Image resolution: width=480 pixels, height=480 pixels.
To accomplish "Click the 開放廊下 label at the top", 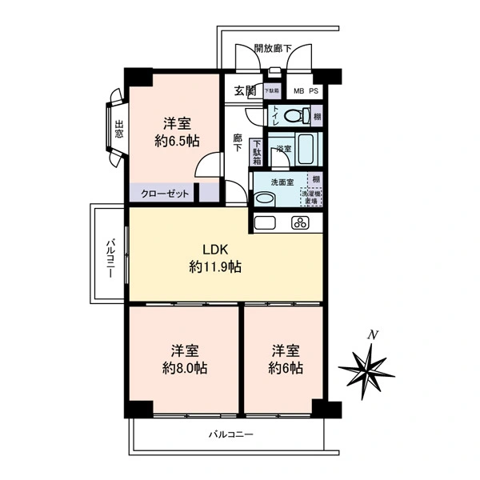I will point(273,49).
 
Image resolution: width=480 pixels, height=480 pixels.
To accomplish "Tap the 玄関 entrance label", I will point(243,90).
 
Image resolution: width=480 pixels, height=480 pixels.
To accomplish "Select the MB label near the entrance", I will point(298,91).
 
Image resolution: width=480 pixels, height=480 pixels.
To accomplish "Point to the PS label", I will point(314,91).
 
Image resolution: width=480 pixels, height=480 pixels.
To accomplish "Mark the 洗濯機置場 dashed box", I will point(310,197).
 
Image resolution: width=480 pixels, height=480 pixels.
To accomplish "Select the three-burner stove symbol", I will point(300,222).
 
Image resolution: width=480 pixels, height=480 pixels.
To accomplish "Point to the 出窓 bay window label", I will point(118,129).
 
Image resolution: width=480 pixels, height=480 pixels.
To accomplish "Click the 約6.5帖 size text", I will point(177,141).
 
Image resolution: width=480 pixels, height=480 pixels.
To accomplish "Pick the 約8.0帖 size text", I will point(185,369).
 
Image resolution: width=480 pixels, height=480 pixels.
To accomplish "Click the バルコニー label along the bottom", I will point(230,435).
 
